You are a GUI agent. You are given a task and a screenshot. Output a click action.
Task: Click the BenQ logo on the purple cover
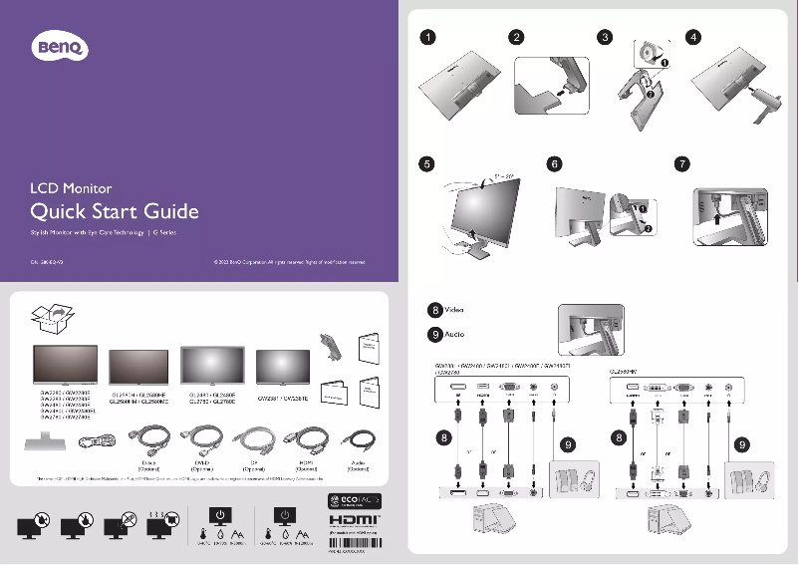[63, 45]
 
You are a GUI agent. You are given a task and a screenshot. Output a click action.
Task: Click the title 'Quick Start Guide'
[115, 211]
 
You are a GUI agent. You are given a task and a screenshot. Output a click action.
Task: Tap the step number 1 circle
[426, 38]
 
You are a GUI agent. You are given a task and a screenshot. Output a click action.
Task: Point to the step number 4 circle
[694, 38]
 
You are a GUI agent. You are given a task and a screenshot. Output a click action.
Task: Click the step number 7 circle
[681, 163]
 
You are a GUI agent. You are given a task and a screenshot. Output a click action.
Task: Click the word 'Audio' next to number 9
[452, 333]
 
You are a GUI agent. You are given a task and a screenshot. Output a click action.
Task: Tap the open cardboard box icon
[54, 318]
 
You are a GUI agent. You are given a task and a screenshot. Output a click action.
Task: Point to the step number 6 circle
[556, 163]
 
